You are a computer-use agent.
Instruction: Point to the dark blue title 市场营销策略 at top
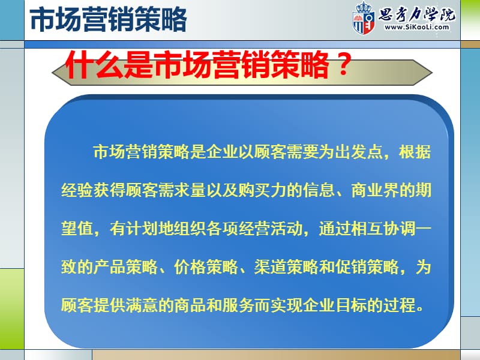pyautogui.click(x=109, y=20)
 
